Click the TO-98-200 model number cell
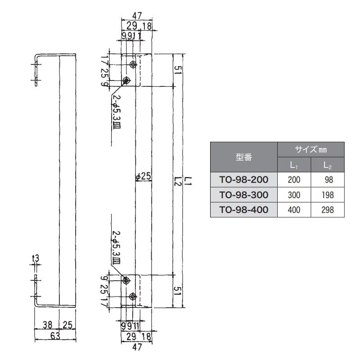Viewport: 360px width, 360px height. (x=244, y=180)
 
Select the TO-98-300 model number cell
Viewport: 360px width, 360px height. (x=244, y=195)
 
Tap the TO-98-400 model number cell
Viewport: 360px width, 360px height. (x=244, y=210)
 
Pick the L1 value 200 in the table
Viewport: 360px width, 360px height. (x=294, y=180)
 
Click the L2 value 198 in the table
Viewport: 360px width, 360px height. (x=328, y=195)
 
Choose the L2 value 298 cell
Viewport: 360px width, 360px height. (x=328, y=210)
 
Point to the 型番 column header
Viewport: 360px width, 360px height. (x=244, y=157)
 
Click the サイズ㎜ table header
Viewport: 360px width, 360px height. (x=311, y=149)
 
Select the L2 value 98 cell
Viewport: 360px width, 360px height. (x=328, y=180)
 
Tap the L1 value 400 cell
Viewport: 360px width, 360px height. (x=294, y=210)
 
